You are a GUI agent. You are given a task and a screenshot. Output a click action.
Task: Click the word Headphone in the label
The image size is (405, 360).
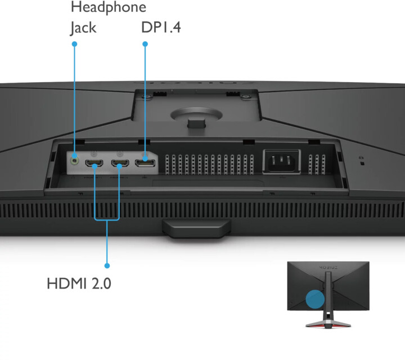109,7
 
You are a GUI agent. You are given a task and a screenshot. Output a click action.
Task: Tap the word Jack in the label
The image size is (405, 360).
83,28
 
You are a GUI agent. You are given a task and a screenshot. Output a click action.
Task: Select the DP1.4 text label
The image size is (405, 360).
161,27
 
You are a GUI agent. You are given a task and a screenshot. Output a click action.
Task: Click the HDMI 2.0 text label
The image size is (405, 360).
79,283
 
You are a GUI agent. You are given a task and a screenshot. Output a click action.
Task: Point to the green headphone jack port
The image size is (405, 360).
75,161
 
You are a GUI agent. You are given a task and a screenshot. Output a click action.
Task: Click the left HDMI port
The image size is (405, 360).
94,163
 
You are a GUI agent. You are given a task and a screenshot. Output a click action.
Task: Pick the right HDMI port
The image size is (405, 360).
120,163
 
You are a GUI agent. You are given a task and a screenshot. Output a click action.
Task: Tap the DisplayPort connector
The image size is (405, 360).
145,163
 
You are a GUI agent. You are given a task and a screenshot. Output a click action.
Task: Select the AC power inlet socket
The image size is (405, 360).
282,161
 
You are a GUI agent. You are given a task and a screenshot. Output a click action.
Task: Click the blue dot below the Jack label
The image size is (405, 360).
74,44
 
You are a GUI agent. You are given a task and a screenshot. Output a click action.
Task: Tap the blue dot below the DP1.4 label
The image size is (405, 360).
145,44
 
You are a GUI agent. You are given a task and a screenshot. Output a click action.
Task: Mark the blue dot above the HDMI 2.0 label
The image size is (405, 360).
107,265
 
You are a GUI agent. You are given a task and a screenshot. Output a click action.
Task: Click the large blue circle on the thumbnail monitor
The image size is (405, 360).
315,299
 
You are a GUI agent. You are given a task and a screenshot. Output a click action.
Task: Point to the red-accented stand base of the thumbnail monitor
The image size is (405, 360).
328,324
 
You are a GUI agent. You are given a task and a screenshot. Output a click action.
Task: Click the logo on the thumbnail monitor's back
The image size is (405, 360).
328,268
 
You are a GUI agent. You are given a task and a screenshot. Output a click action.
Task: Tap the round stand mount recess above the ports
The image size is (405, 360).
196,114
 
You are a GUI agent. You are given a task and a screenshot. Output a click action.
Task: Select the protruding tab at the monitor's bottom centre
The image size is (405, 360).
196,228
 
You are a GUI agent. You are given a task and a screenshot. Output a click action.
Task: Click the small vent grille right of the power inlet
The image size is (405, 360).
317,164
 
